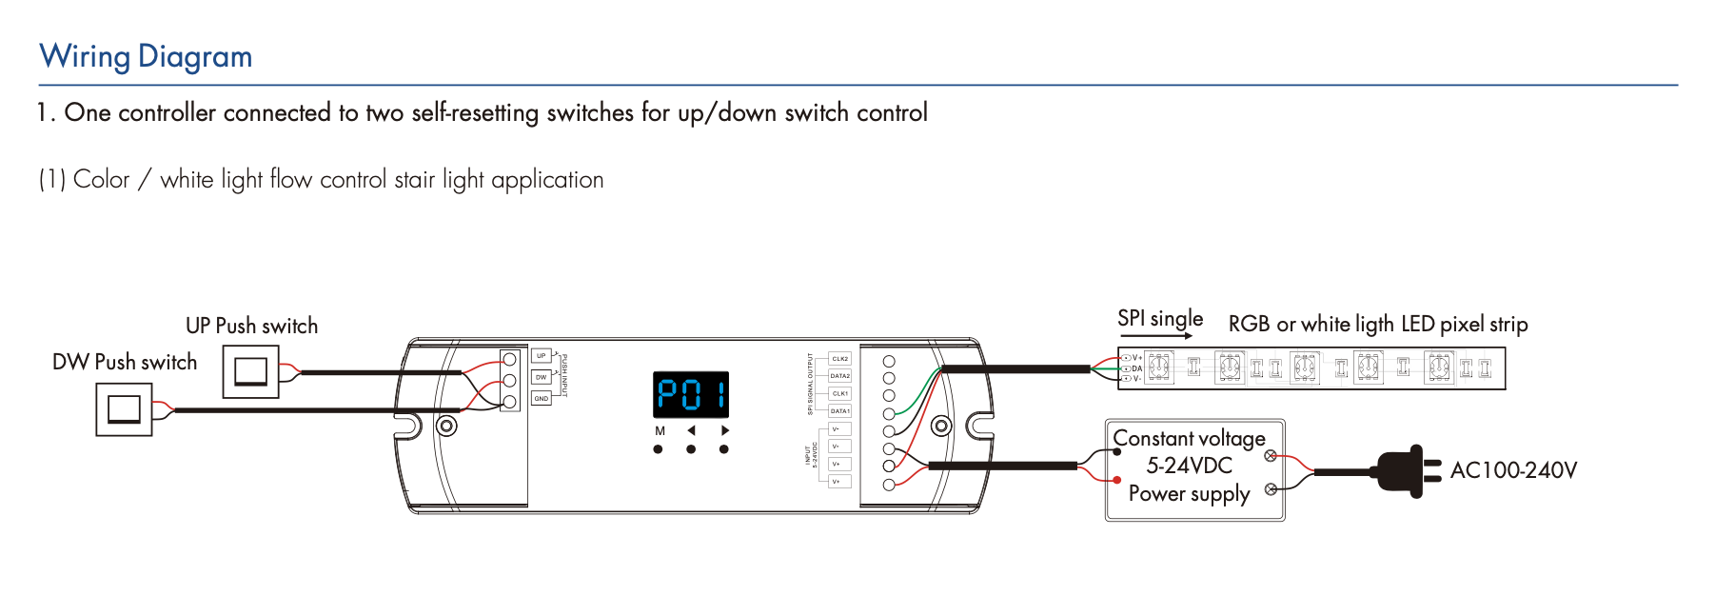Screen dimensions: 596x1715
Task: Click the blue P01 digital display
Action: [x=691, y=394]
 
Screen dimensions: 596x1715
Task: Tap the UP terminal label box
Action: [x=541, y=356]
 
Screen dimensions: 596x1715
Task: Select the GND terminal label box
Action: [x=541, y=398]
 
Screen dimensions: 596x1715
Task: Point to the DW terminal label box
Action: [x=541, y=377]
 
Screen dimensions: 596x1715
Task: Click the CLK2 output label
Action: [x=839, y=359]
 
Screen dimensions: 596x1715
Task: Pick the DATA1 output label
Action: [x=839, y=411]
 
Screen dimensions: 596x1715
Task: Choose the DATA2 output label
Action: [x=839, y=376]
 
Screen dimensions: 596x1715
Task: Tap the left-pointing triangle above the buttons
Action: [x=691, y=430]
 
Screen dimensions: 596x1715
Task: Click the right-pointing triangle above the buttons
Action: [x=724, y=430]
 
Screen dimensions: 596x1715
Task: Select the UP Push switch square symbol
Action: [x=250, y=371]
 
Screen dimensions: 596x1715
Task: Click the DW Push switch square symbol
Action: [x=124, y=409]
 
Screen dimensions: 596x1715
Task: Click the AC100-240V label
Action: [x=1513, y=470]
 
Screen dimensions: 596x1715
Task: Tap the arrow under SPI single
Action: [x=1155, y=336]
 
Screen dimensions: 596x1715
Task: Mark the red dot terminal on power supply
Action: [x=1117, y=480]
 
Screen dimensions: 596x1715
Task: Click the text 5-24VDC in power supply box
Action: [x=1189, y=466]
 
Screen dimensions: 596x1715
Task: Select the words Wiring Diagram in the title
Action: [x=146, y=56]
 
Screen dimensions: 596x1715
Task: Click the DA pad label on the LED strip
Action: [x=1136, y=368]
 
